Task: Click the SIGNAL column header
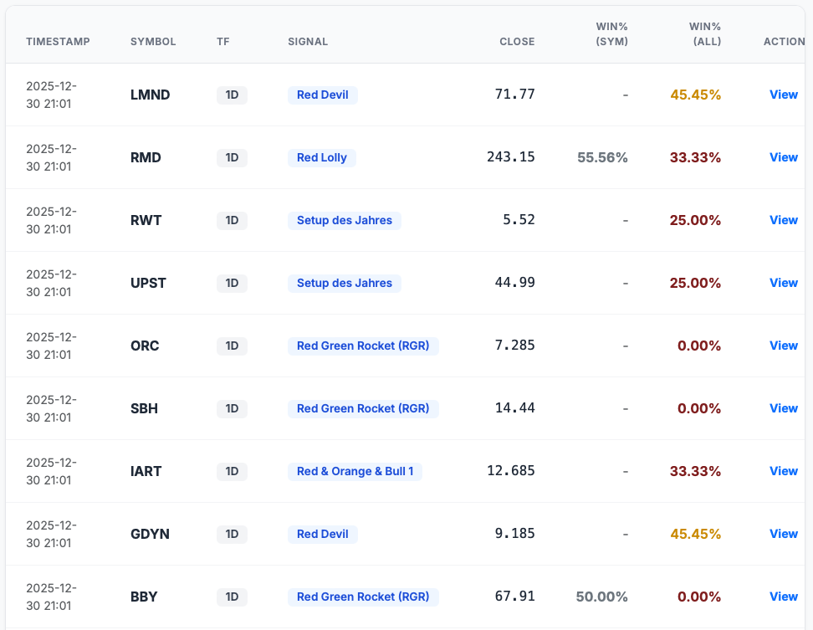tap(308, 42)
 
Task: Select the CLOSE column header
tap(517, 42)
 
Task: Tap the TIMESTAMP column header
tap(58, 42)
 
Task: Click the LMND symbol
tap(151, 95)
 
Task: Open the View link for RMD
tap(783, 157)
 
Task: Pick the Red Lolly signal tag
tap(322, 157)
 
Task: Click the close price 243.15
tap(510, 157)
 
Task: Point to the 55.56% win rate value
tap(602, 157)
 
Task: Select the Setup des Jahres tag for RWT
tap(345, 220)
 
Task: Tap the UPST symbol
tap(149, 283)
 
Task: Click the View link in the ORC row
tap(783, 346)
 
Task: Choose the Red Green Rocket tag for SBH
tap(363, 408)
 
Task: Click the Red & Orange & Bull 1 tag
tap(355, 471)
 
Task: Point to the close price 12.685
tap(510, 471)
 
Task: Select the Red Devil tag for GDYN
tap(322, 534)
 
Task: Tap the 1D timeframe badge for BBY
tap(232, 597)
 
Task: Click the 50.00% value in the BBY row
tap(601, 597)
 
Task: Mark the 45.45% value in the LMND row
tap(695, 95)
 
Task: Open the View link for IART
tap(783, 471)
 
